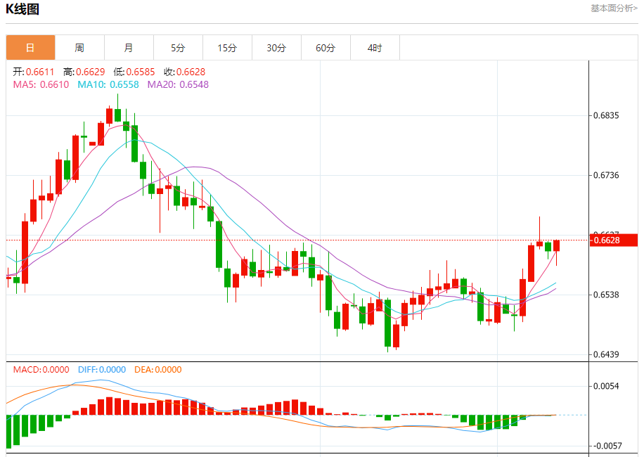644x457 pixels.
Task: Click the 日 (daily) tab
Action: pos(30,48)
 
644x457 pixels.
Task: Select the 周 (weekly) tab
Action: pos(79,48)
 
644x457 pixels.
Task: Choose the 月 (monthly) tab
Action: pos(129,48)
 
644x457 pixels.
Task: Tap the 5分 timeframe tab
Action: pos(178,48)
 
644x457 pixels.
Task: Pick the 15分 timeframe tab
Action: pos(227,48)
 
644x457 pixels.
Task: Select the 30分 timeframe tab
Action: pos(276,48)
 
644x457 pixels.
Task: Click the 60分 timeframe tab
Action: pos(326,48)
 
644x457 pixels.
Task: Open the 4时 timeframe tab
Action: pos(375,48)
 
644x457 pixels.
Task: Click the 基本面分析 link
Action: pos(614,8)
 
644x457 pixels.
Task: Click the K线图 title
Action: pos(22,9)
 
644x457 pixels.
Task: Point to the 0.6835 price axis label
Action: pos(607,115)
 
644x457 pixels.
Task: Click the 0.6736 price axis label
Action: pos(607,175)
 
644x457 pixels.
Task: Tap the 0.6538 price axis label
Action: pos(607,295)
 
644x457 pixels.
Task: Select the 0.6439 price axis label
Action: pos(607,354)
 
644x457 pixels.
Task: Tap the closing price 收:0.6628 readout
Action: pos(184,72)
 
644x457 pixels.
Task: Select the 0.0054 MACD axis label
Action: pos(607,386)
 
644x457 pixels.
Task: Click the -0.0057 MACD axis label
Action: pos(607,446)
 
